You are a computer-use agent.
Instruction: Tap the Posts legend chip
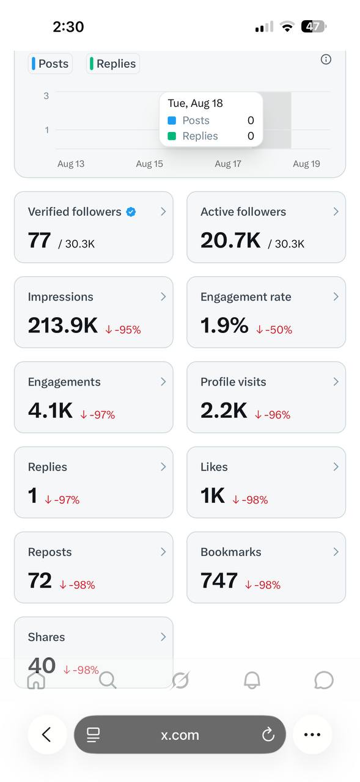coord(50,64)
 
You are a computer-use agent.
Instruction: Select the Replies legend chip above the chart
coord(113,64)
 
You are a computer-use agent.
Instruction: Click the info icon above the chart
coord(326,59)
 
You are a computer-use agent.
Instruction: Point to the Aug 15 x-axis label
coord(150,164)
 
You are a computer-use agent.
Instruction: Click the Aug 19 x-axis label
coord(306,164)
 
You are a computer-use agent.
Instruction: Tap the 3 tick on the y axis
coord(46,96)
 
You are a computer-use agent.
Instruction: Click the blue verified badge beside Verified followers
coord(131,212)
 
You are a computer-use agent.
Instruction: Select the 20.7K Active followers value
coord(230,241)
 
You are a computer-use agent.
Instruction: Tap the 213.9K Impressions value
coord(63,326)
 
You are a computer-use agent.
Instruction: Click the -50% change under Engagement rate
coord(274,329)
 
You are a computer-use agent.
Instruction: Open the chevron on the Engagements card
coord(163,382)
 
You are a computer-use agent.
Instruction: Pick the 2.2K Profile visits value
coord(224,411)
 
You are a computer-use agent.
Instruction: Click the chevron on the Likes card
coord(336,467)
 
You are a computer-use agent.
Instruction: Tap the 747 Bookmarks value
coord(219,580)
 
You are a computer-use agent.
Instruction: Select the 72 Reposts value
coord(40,580)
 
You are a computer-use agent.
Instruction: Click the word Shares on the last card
coord(46,637)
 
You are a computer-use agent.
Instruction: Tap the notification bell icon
coord(252,680)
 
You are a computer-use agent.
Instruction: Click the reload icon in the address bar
coord(268,734)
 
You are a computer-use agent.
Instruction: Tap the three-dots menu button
coord(312,734)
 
